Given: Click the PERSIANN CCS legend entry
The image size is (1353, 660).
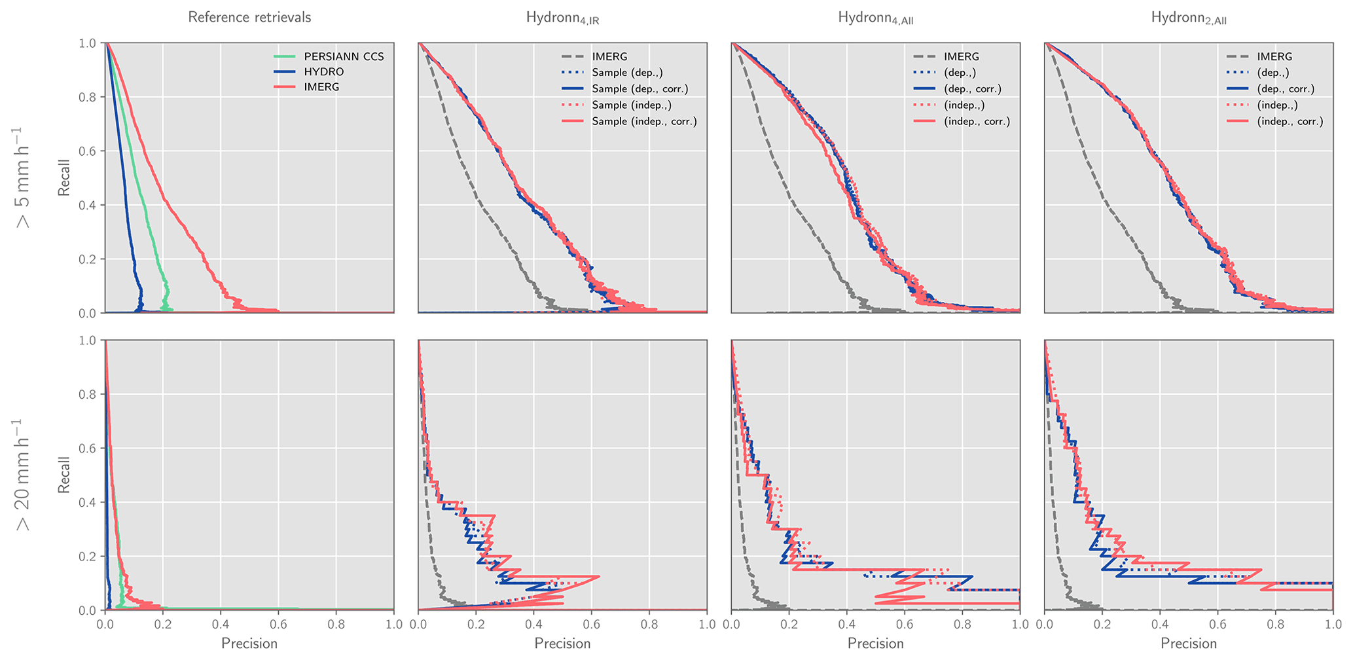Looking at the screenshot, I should tap(344, 57).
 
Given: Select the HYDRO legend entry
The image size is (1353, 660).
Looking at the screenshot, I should tap(323, 72).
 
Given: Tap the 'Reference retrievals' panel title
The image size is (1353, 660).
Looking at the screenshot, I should tap(249, 18).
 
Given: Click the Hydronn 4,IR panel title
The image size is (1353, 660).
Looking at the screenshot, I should tap(562, 18).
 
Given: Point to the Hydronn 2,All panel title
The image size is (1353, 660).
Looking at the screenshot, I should tap(1189, 18).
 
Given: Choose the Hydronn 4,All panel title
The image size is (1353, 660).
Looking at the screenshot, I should tap(876, 18).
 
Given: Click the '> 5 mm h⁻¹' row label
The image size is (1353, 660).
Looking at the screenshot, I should tap(24, 177).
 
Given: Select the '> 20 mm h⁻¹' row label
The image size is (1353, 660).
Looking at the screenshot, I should tap(24, 475).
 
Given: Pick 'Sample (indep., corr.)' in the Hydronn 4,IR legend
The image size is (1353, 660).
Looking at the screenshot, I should tap(644, 121).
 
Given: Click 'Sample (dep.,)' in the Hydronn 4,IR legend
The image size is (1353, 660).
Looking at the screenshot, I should tap(628, 73).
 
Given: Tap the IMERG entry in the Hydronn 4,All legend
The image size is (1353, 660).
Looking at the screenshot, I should tap(962, 57).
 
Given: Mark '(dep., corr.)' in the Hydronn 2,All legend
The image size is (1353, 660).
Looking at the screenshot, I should tap(1286, 89).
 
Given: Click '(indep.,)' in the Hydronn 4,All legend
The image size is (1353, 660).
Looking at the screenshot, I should tap(964, 105).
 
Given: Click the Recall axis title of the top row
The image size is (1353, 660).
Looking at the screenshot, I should tap(64, 177).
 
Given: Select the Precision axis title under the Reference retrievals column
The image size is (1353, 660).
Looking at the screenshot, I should tap(249, 644).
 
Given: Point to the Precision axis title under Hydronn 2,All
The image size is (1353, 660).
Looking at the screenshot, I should tap(1189, 644).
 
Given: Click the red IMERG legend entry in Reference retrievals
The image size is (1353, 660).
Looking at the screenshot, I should tap(321, 88).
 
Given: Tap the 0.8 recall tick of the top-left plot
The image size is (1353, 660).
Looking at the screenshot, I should tap(87, 97).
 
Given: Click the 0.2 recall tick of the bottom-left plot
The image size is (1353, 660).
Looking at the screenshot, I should tap(87, 556).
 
